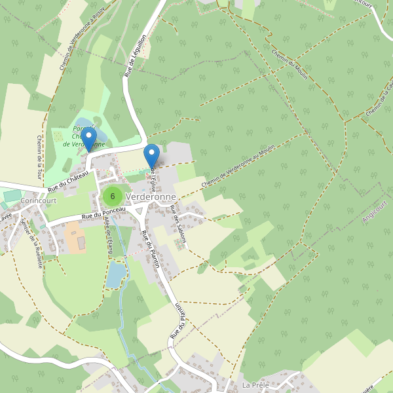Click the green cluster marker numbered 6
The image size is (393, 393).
pyautogui.click(x=113, y=196)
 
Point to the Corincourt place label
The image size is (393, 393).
pyautogui.click(x=39, y=200)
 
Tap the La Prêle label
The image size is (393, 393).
pyautogui.click(x=255, y=384)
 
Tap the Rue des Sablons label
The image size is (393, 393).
pyautogui.click(x=178, y=224)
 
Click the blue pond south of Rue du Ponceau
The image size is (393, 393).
pyautogui.click(x=115, y=273)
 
